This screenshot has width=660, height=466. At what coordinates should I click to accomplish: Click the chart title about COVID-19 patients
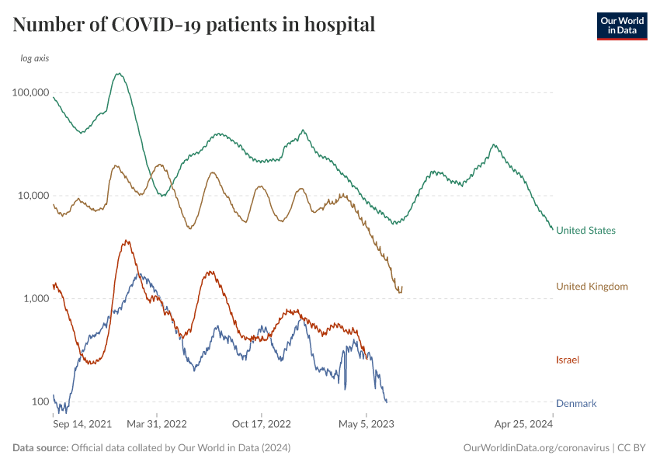(194, 25)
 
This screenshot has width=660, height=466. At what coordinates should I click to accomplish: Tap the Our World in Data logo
(621, 26)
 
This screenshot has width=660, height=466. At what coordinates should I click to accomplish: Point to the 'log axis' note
(36, 58)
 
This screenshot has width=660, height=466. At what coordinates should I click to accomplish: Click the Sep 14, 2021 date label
(82, 424)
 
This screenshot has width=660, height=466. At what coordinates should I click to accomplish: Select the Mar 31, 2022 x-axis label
(157, 424)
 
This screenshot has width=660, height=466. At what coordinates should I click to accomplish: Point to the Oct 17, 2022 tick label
(262, 424)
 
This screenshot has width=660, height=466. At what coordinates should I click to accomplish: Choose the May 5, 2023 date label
(366, 424)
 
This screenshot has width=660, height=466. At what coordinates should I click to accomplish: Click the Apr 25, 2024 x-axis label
(523, 424)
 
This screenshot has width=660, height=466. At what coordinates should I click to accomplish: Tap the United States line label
(585, 231)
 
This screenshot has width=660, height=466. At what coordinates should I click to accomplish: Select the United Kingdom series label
(592, 287)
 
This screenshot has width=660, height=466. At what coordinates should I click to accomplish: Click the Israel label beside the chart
(568, 360)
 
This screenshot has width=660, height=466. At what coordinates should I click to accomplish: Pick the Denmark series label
(576, 404)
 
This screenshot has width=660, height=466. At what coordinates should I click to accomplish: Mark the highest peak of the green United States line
(119, 74)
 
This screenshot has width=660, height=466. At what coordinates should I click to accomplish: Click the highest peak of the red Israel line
(127, 241)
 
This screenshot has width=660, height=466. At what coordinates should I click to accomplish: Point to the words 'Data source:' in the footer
(40, 448)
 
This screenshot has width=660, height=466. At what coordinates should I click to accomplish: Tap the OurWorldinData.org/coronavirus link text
(536, 448)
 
